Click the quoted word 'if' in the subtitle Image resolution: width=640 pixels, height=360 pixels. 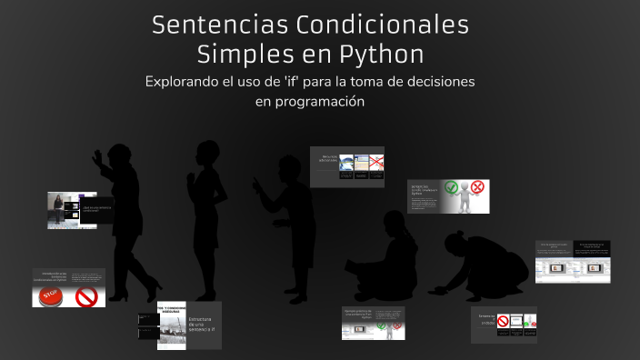315,82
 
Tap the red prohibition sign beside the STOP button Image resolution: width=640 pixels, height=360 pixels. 86,296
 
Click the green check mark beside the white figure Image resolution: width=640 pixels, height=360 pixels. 454,188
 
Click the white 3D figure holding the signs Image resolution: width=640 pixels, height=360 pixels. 466,197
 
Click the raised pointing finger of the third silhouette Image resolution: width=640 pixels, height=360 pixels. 257,179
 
